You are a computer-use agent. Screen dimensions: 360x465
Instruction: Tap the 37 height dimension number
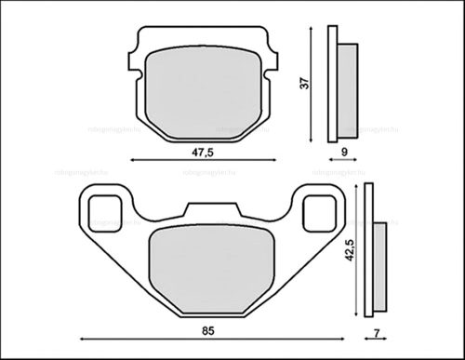[x=301, y=83]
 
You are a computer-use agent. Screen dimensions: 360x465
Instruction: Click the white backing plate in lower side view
[x=369, y=252]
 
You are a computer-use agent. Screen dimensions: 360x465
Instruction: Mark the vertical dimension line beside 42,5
[x=357, y=251]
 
